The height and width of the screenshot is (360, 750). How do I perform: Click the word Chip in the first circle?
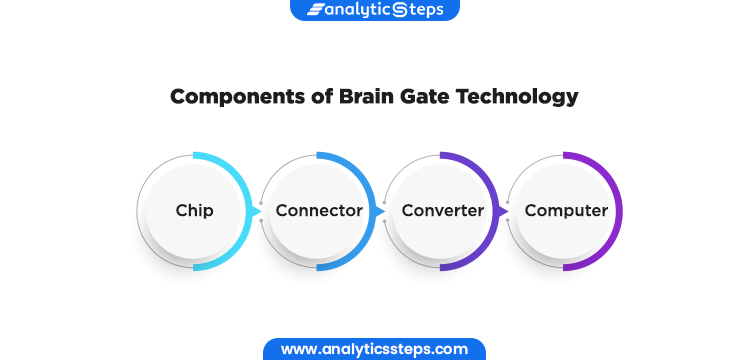pos(194,210)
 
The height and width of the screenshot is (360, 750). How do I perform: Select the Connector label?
pos(319,210)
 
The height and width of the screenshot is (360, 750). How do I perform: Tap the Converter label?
pos(442,210)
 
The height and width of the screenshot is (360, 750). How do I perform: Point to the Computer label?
pos(566,210)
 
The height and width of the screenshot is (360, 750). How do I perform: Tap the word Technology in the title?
pos(517,97)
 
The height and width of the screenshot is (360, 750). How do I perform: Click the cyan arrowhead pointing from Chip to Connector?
pos(256,211)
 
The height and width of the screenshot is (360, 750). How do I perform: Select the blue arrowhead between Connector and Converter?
pos(379,211)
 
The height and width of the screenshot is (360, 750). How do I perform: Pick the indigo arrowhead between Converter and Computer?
pos(503,211)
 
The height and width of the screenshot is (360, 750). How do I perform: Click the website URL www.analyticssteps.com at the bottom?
pos(374,349)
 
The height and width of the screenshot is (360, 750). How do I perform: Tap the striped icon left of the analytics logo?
pos(315,10)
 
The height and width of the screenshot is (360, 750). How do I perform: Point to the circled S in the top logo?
pos(400,10)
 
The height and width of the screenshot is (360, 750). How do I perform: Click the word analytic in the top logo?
pos(358,10)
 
